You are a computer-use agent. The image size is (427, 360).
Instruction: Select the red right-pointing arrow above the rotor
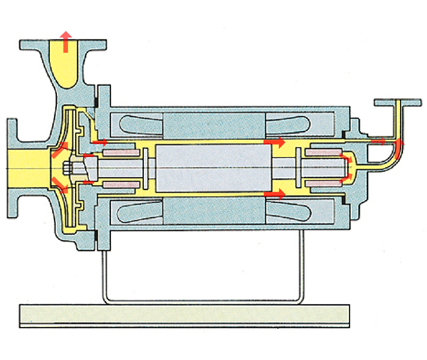point(275,142)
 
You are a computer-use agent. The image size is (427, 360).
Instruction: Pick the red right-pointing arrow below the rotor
point(275,194)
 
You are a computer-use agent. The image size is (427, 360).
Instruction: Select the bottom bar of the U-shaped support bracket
point(201,299)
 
